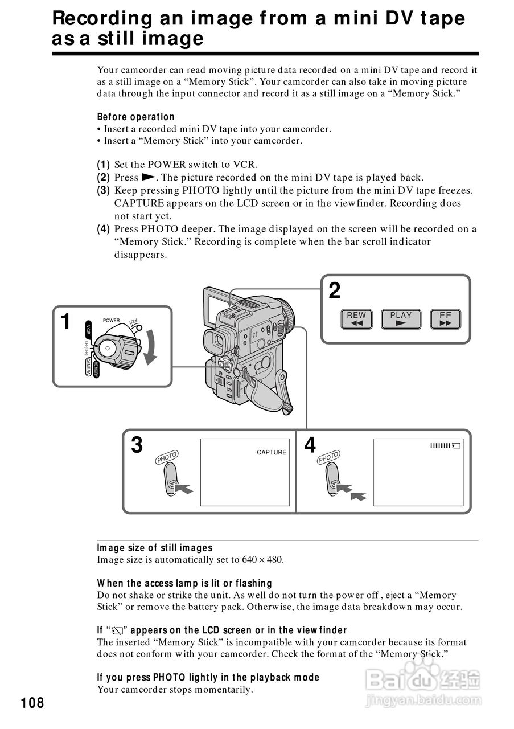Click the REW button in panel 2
[x=356, y=319]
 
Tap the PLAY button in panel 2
[x=401, y=319]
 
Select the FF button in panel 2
[x=445, y=319]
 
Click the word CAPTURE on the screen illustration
[x=272, y=452]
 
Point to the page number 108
[x=32, y=703]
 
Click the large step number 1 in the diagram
[x=66, y=322]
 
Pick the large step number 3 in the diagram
[x=137, y=445]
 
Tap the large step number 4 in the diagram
[x=310, y=445]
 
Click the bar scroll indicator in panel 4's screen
[x=445, y=445]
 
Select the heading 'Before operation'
[x=136, y=117]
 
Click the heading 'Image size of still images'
[x=155, y=548]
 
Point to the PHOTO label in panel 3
[x=167, y=457]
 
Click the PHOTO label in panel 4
[x=329, y=457]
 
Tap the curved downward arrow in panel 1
[x=151, y=347]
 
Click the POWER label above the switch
[x=112, y=321]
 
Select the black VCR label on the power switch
[x=88, y=329]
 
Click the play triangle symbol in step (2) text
[x=147, y=178]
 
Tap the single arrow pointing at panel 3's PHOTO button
[x=184, y=488]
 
